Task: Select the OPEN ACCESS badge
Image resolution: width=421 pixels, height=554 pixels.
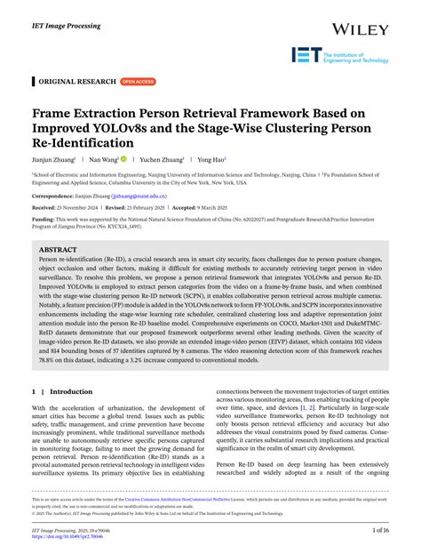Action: click(138, 81)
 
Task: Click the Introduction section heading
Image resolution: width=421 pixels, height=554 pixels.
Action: click(71, 391)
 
